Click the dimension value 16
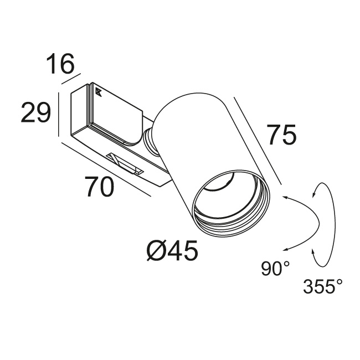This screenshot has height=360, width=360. [x=60, y=64]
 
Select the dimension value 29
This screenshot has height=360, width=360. [x=35, y=112]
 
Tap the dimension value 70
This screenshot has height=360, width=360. [x=99, y=187]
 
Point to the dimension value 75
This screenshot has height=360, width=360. [x=282, y=135]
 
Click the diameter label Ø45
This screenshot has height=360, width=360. [x=172, y=251]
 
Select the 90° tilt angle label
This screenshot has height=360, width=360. [x=275, y=269]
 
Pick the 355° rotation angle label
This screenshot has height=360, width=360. [x=323, y=286]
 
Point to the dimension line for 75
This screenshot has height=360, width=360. [x=258, y=141]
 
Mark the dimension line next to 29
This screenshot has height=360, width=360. [x=59, y=115]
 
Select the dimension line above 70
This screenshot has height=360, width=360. [x=106, y=169]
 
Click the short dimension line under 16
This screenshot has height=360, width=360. [x=71, y=79]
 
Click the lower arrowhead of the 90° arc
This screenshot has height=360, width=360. [x=285, y=250]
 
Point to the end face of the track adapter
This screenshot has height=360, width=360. [x=79, y=113]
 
